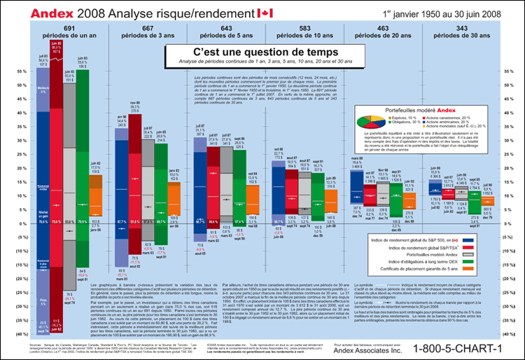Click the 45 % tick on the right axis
[x=508, y=99]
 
